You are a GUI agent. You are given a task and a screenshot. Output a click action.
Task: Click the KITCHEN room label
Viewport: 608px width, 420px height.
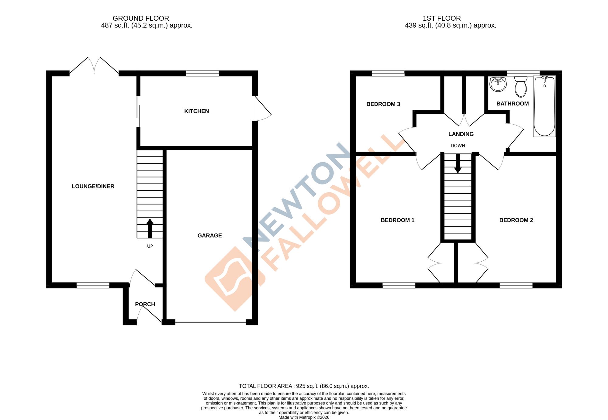point(196,111)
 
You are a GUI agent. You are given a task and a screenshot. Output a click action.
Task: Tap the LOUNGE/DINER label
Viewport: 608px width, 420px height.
point(93,186)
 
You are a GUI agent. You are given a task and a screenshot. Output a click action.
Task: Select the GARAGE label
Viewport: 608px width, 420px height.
point(209,236)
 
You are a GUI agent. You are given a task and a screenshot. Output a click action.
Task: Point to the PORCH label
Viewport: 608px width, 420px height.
point(145,304)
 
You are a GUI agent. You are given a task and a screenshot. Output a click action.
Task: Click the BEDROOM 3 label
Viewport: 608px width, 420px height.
point(383,104)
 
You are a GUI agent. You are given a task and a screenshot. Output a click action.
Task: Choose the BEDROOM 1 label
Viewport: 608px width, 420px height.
point(397,220)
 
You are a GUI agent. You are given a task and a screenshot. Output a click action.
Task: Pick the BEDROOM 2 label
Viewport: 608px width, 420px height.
point(516,220)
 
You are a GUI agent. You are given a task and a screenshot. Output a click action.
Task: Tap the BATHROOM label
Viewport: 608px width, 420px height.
point(513,104)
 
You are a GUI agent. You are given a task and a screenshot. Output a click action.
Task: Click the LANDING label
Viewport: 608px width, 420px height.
point(461,134)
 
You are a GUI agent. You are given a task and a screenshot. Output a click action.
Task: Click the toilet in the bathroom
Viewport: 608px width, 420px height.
point(521,86)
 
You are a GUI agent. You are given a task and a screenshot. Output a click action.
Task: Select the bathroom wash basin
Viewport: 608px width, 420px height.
point(498,84)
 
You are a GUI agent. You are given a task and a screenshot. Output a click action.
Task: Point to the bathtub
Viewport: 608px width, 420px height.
point(544,106)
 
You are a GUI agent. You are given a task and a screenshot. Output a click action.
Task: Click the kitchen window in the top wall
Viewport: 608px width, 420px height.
point(202,73)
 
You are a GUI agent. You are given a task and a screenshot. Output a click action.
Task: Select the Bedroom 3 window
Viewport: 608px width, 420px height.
point(388,73)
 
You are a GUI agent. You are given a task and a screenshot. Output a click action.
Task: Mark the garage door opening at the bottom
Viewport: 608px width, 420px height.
point(210,322)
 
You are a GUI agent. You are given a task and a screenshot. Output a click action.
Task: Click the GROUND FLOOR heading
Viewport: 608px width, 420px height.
point(141,18)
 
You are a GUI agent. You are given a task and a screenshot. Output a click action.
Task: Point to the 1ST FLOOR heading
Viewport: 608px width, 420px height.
point(442,18)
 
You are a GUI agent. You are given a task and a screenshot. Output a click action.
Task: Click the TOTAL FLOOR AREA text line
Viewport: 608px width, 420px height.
point(304,386)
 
